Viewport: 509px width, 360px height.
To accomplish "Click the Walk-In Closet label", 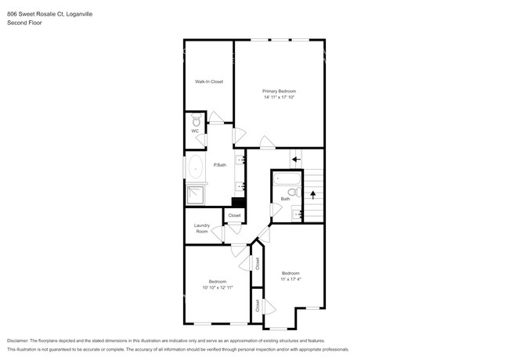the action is (209, 81).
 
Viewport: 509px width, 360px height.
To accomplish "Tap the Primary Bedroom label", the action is (280, 91).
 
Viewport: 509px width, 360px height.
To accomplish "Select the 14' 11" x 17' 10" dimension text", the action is (280, 97).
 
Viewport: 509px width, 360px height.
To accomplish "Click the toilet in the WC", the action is (196, 120).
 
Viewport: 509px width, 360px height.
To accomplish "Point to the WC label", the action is (195, 131).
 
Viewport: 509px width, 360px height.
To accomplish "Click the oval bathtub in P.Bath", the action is (196, 167).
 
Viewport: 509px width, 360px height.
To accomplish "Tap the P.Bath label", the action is (220, 165).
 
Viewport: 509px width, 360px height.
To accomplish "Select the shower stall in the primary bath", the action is (195, 195).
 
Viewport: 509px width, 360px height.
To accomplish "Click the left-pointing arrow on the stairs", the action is (296, 159).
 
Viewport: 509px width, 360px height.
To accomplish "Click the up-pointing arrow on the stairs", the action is (313, 195).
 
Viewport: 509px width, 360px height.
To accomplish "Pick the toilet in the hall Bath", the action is (294, 192).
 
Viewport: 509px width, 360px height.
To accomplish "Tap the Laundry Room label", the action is (202, 229).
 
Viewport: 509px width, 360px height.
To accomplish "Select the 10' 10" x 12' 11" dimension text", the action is (218, 287).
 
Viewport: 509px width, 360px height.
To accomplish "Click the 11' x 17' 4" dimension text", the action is (291, 279).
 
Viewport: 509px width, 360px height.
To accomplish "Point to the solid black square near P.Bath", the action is (239, 202).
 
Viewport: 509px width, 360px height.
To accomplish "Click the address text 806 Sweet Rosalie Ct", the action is (36, 14).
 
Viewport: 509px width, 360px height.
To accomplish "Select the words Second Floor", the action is (24, 23).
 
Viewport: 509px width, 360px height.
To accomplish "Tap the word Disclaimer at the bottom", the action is (18, 341).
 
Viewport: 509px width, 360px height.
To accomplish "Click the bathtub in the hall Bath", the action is (287, 179).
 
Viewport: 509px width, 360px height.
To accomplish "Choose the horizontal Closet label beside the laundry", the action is (234, 215).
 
